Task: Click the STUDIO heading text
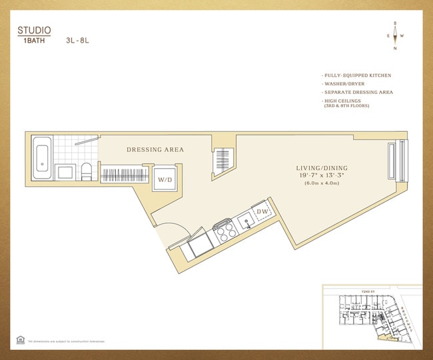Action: (33, 30)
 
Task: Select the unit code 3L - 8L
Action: (77, 40)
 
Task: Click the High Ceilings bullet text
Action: (343, 101)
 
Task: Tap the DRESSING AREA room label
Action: (155, 150)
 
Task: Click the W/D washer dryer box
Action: (164, 180)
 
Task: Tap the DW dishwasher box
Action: (262, 212)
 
